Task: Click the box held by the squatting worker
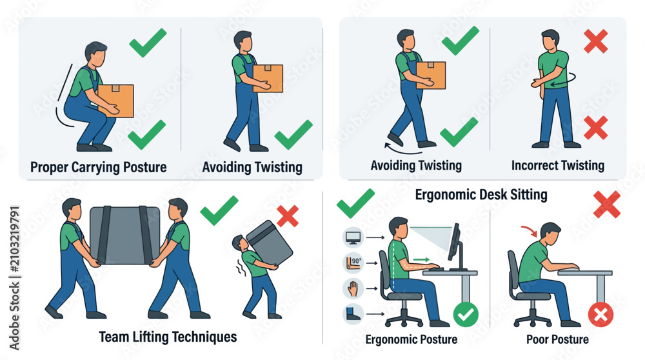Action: tap(116, 101)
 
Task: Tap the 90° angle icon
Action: tap(353, 263)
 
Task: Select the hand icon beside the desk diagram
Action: tap(353, 288)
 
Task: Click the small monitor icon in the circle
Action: tap(353, 237)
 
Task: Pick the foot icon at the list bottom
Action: tap(353, 314)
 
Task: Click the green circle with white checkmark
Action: tap(466, 315)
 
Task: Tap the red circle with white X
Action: tap(600, 315)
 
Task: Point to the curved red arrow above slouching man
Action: tap(530, 230)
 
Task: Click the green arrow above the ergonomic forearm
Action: tap(422, 259)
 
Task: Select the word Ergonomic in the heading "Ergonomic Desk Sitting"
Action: tap(446, 195)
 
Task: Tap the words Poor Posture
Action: tap(557, 339)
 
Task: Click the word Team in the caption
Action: tap(114, 337)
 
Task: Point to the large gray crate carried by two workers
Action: tap(124, 235)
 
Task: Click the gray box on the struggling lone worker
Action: tap(270, 243)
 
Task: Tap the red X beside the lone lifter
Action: tap(288, 216)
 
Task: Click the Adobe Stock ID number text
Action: tap(14, 239)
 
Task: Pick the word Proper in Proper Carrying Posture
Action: tap(49, 168)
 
